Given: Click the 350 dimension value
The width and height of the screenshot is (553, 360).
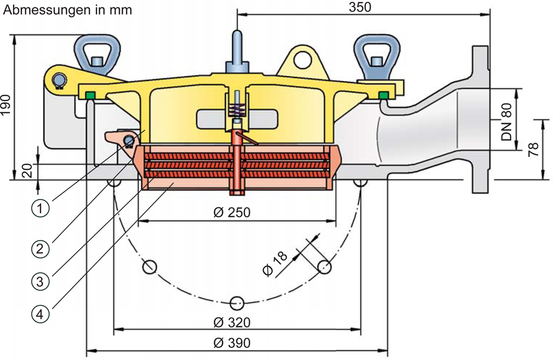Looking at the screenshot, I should pos(360,7).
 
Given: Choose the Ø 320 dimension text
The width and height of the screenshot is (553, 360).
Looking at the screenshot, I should pos(232,322).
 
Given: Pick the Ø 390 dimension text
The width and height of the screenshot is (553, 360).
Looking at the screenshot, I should pos(232,343).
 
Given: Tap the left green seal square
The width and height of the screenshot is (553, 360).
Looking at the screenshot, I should pos(89,94).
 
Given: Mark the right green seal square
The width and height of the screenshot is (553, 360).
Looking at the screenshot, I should pos(384,94).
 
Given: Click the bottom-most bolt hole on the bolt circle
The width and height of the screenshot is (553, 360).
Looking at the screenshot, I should pos(238,302).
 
